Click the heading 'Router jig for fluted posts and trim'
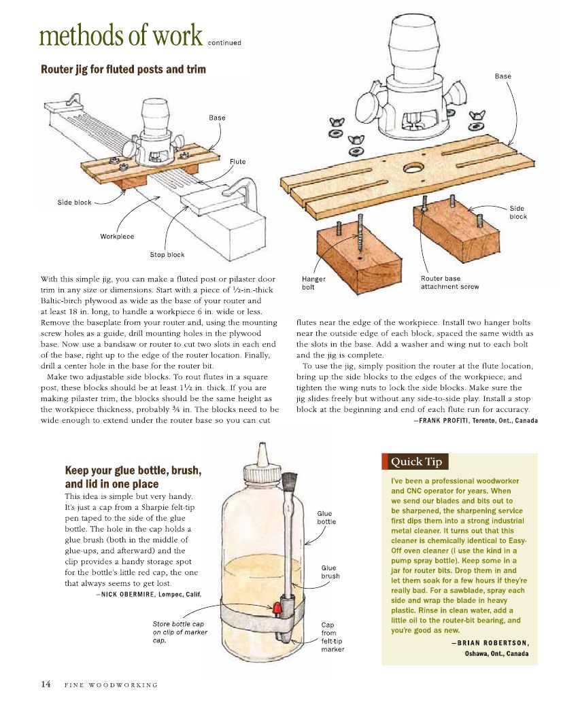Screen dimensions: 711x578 (123, 69)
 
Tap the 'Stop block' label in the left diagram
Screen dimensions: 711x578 (167, 255)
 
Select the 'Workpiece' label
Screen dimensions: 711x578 (117, 237)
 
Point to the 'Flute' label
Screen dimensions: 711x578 (237, 161)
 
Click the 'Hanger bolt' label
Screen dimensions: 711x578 (313, 283)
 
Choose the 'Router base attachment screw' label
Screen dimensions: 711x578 (449, 283)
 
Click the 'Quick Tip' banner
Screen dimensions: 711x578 (415, 462)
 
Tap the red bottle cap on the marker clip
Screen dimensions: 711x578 (277, 605)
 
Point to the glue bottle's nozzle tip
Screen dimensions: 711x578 (260, 448)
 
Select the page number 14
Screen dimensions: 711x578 (46, 684)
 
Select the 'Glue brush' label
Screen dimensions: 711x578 (330, 572)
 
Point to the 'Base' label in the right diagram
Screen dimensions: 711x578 (503, 76)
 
